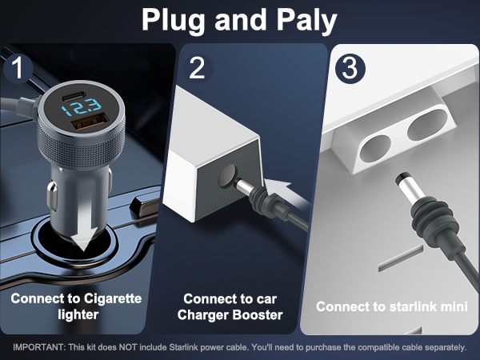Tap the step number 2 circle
197,68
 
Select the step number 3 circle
348,67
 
